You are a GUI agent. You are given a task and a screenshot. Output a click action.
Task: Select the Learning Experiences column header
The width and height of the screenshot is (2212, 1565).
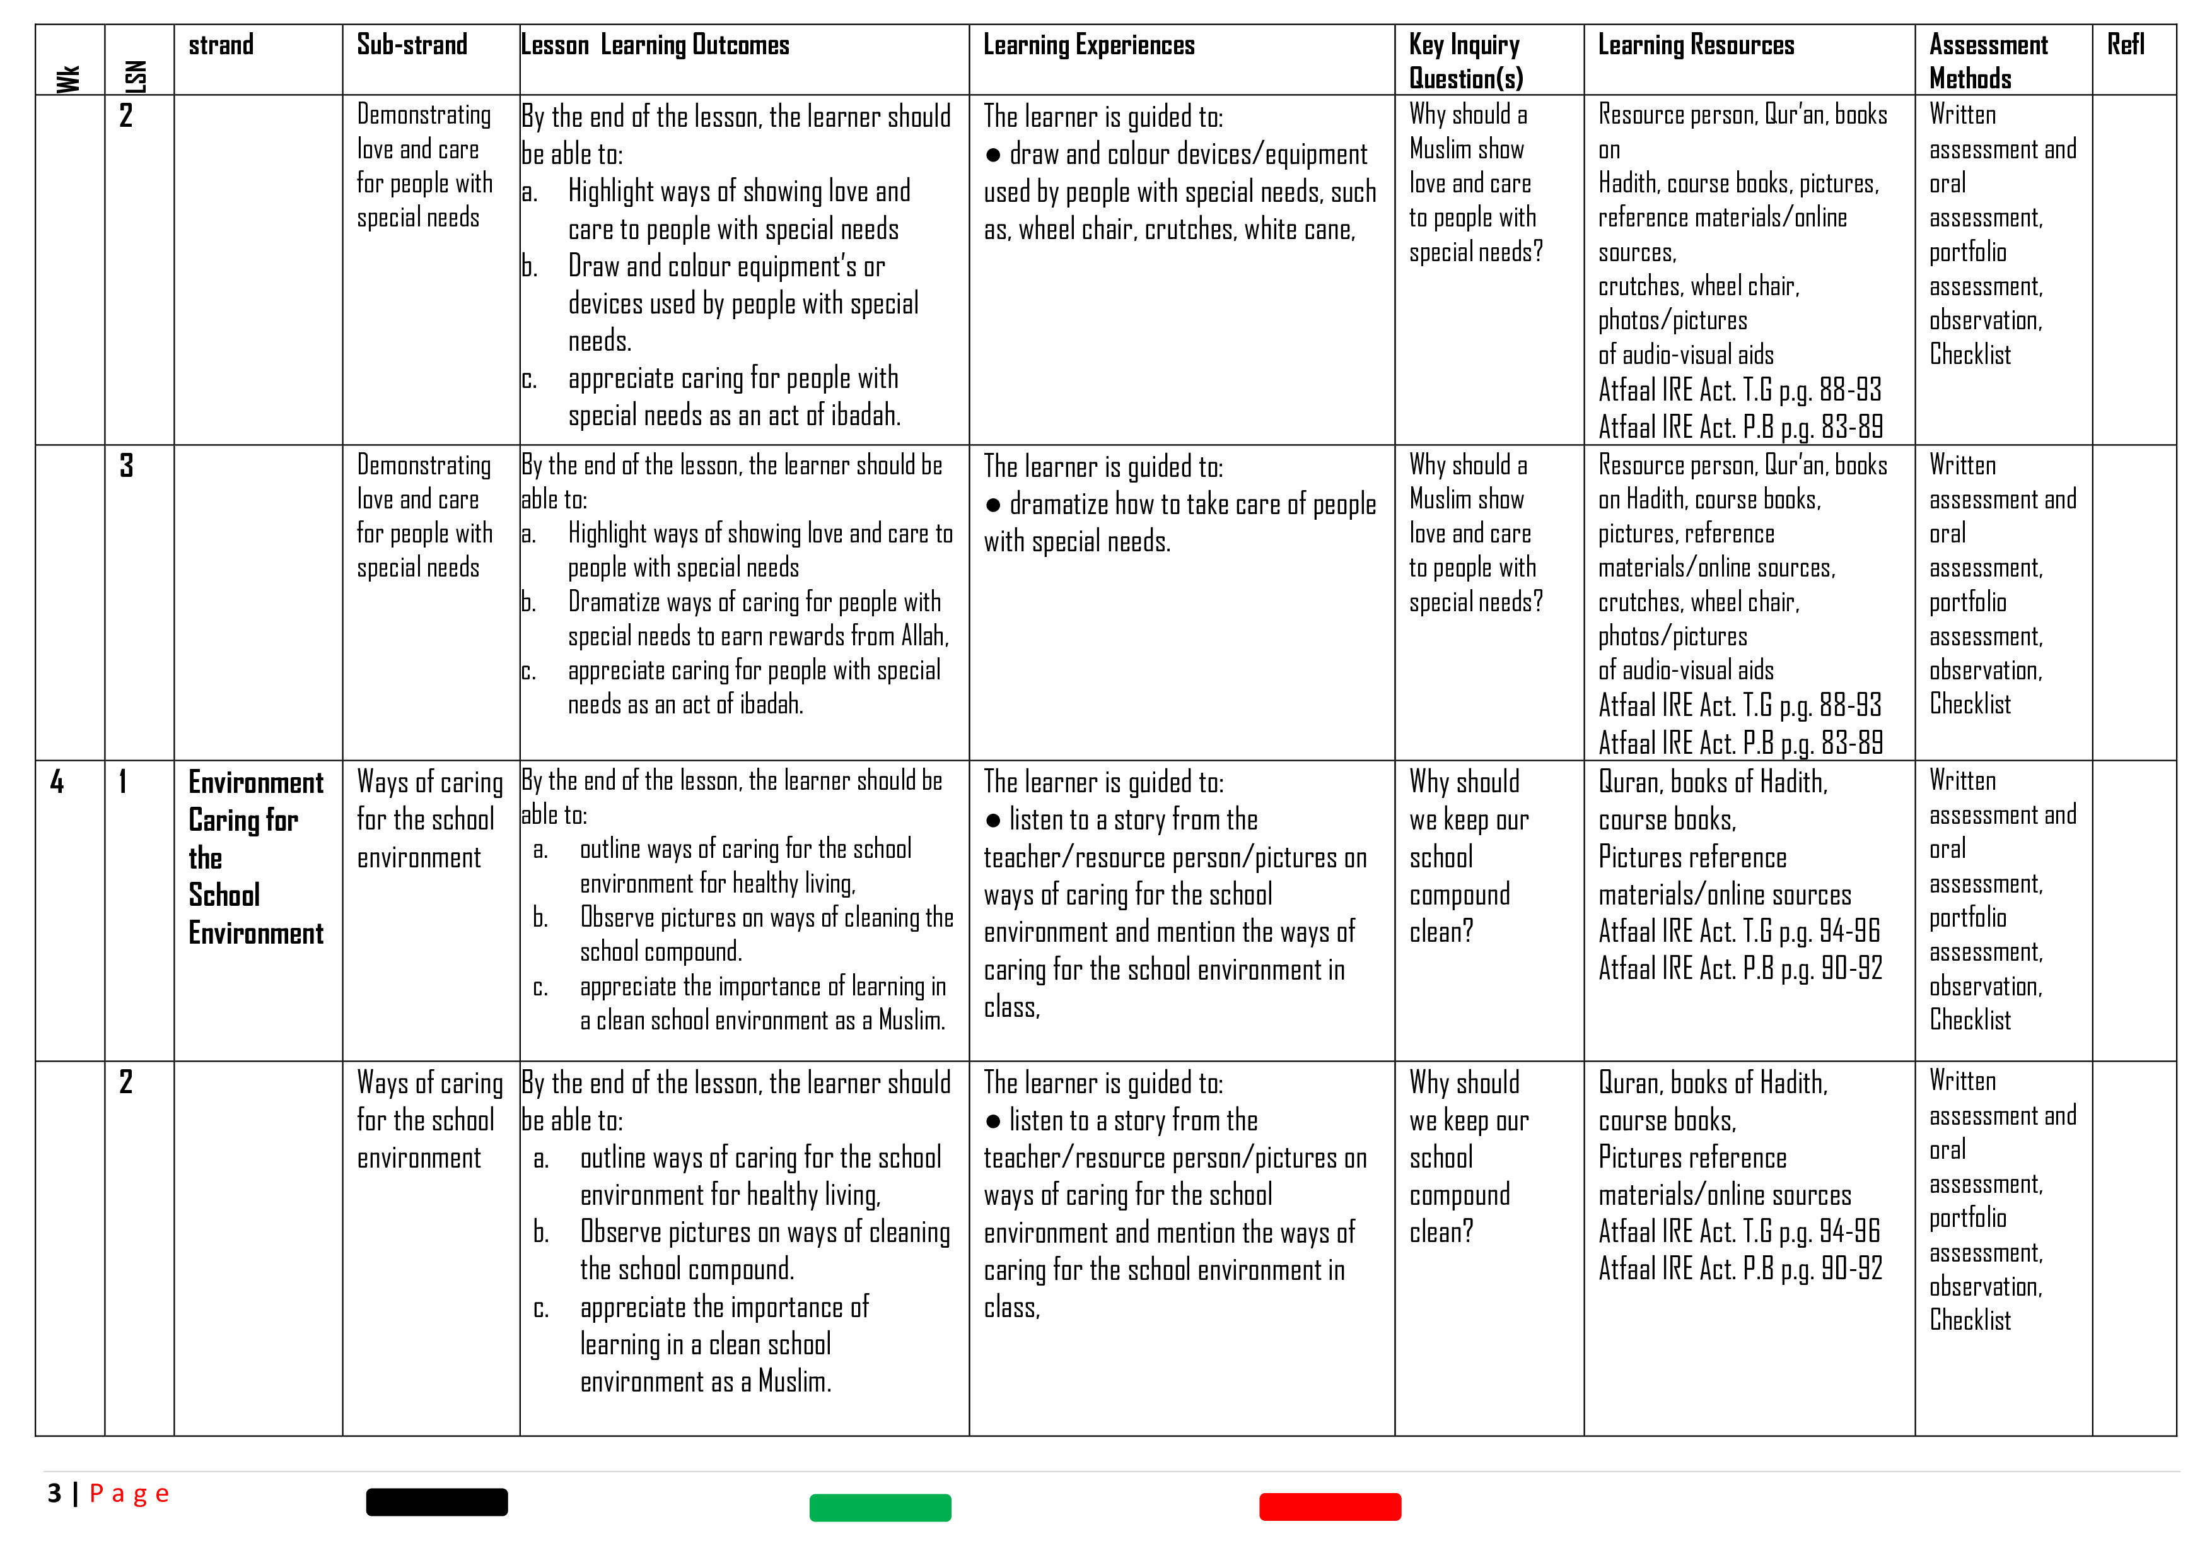coord(1088,45)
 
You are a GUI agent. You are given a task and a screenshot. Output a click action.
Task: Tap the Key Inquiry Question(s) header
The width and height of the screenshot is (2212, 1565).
coord(1464,61)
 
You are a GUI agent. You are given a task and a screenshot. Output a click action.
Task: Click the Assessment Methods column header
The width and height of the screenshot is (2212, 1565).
coord(1988,61)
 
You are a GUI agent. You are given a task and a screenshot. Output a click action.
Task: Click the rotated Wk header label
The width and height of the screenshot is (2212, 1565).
coord(68,78)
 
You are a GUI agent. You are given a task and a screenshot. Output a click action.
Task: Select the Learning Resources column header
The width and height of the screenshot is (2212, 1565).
coord(1696,45)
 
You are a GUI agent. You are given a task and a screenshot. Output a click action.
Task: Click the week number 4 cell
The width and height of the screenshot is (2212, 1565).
coord(57,782)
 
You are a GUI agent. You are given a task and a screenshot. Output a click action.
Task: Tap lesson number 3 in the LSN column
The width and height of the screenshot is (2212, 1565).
coord(126,466)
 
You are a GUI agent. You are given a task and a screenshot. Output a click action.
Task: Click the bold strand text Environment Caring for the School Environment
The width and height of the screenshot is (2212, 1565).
coord(255,858)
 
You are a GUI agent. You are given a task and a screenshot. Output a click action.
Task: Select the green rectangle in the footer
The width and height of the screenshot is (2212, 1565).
coord(880,1507)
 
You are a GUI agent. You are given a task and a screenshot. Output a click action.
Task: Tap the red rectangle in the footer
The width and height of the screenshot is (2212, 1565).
coord(1329,1506)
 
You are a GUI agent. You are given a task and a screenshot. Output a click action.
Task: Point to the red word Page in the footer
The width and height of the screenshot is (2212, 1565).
coord(129,1494)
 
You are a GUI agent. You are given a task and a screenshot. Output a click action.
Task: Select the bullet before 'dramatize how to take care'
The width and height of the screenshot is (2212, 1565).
coord(993,506)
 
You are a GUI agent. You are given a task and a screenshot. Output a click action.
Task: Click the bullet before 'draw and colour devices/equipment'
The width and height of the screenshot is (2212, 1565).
coord(993,155)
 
